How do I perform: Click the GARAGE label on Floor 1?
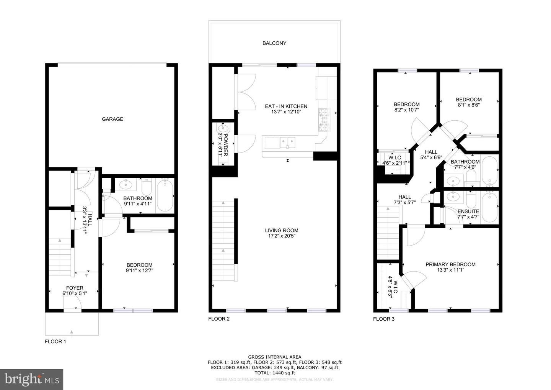112,119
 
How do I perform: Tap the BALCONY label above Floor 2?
274,43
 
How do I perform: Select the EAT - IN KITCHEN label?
286,106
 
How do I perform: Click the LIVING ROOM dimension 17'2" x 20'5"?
282,236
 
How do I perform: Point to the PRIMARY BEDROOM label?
450,264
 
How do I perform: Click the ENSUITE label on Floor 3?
468,211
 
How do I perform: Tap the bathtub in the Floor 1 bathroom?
165,195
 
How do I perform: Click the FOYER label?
75,288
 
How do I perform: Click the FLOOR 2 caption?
219,319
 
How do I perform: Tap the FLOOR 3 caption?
384,319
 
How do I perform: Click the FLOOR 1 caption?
55,341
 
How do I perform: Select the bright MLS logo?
31,380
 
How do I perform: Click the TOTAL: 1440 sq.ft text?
274,372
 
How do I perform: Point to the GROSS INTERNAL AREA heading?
274,357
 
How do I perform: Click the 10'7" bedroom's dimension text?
406,109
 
